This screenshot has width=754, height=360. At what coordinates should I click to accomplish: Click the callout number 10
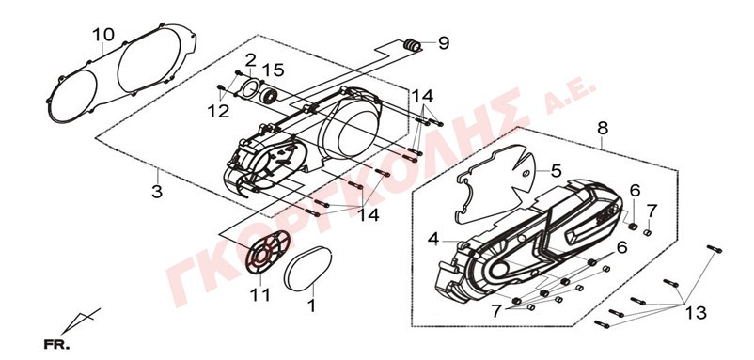103,35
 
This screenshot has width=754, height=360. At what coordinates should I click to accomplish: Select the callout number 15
273,70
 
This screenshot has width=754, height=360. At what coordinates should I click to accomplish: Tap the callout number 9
444,43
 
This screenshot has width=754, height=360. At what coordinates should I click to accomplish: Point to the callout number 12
218,111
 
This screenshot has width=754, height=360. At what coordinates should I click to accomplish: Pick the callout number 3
157,192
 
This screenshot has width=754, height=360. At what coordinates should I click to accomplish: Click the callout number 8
603,129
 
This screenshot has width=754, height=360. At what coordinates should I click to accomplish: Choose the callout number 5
556,171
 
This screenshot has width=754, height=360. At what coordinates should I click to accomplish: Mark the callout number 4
433,239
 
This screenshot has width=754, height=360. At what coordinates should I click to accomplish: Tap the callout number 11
259,294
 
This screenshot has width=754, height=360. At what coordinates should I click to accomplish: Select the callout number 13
697,313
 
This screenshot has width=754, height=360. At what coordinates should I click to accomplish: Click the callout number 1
311,305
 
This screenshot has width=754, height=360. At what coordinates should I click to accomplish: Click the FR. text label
56,345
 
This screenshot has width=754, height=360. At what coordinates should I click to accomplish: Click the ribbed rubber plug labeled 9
411,45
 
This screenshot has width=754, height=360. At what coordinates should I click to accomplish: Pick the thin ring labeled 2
249,89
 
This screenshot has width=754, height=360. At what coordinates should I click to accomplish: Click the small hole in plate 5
526,173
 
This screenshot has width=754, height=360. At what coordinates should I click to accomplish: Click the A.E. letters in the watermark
571,98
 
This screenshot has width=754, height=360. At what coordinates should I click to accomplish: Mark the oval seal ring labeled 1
307,269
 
